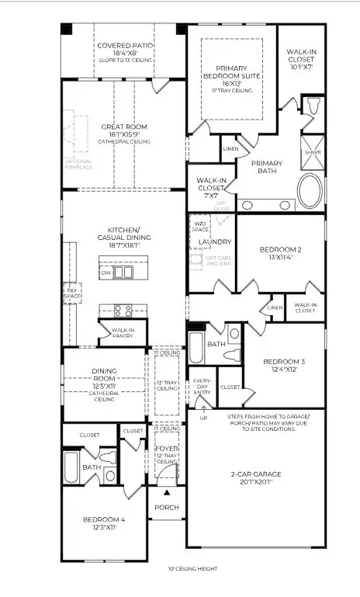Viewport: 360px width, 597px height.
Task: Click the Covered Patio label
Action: [124, 46]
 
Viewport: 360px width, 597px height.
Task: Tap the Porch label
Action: [167, 508]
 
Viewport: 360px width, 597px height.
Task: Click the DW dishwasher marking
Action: [106, 273]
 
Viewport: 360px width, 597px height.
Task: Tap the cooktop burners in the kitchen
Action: [123, 311]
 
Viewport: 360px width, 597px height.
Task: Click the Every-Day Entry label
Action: [202, 386]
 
